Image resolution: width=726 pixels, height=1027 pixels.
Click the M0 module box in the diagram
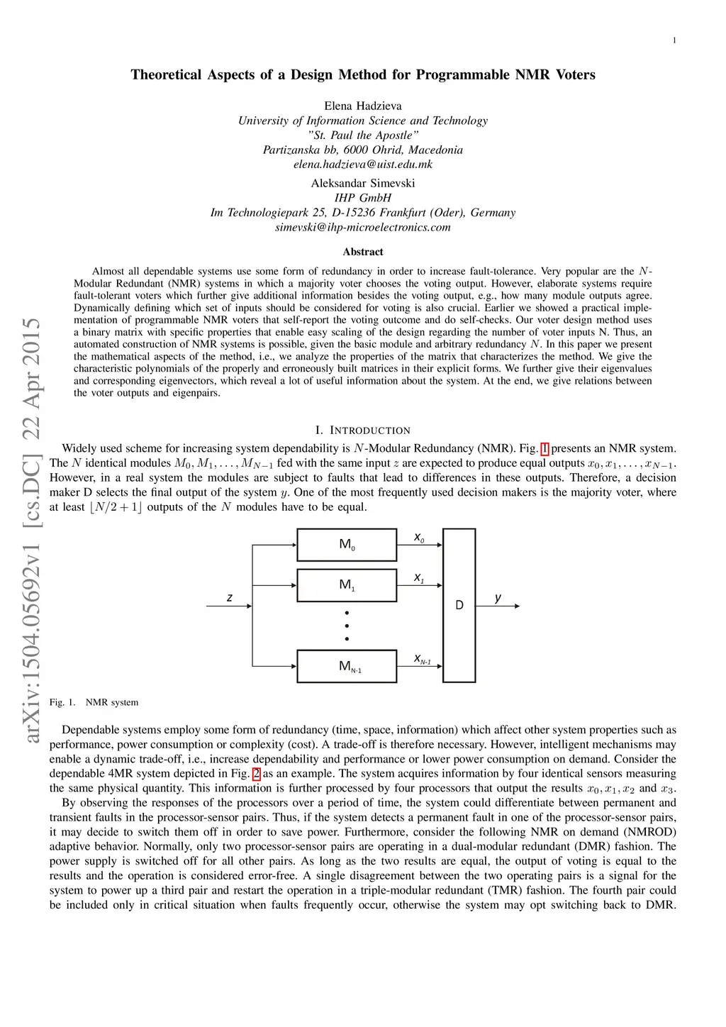(347, 545)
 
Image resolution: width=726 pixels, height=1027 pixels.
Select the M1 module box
(347, 585)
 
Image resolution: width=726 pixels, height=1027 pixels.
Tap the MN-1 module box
(347, 666)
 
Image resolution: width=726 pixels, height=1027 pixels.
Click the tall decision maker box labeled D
(459, 605)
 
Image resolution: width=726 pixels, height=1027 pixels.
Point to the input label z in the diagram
(230, 598)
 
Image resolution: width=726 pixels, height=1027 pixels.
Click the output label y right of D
(498, 598)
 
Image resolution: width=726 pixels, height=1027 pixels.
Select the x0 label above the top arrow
(419, 538)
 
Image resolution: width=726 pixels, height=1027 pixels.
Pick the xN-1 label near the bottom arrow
(423, 659)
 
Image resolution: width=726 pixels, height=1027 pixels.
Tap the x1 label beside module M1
(419, 578)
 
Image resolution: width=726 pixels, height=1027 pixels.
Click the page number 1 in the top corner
(674, 40)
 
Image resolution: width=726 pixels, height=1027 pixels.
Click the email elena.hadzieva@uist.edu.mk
(363, 165)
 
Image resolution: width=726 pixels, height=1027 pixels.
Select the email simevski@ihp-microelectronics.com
(363, 228)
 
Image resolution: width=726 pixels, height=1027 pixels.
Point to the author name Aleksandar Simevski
(363, 183)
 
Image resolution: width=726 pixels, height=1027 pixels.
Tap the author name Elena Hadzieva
(363, 106)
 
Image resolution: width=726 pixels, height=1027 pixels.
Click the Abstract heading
(363, 252)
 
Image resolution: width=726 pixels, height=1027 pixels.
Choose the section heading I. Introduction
(363, 431)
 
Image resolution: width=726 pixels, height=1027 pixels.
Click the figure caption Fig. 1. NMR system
(94, 702)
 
